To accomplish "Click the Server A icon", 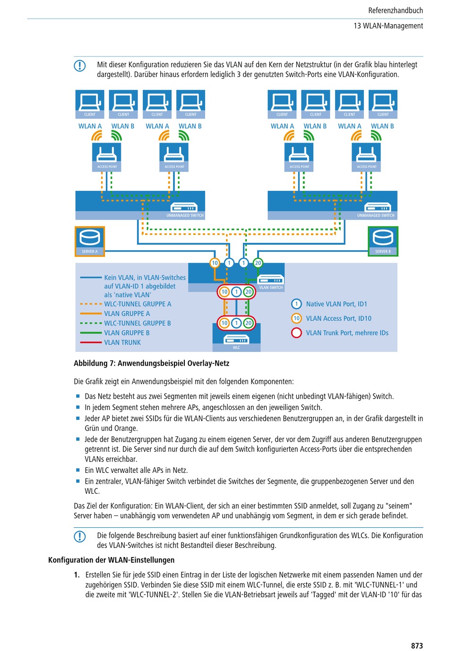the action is coord(90,241).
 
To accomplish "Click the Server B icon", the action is coord(383,241).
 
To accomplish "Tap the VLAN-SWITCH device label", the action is coord(271,287).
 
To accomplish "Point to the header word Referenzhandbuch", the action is coord(396,10).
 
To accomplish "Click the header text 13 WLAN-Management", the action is coord(388,26).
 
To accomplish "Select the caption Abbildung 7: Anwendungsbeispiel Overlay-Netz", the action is coord(152,363).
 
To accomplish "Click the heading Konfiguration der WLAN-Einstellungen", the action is coord(112,560).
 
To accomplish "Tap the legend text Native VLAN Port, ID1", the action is coord(337,304).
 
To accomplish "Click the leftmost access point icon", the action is coord(107,157).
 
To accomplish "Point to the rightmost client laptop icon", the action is coord(383,104).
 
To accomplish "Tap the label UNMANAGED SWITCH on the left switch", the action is coord(185,215).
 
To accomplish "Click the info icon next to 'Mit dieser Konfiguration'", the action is coord(80,66).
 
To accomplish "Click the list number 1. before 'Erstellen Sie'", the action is coord(77,575).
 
